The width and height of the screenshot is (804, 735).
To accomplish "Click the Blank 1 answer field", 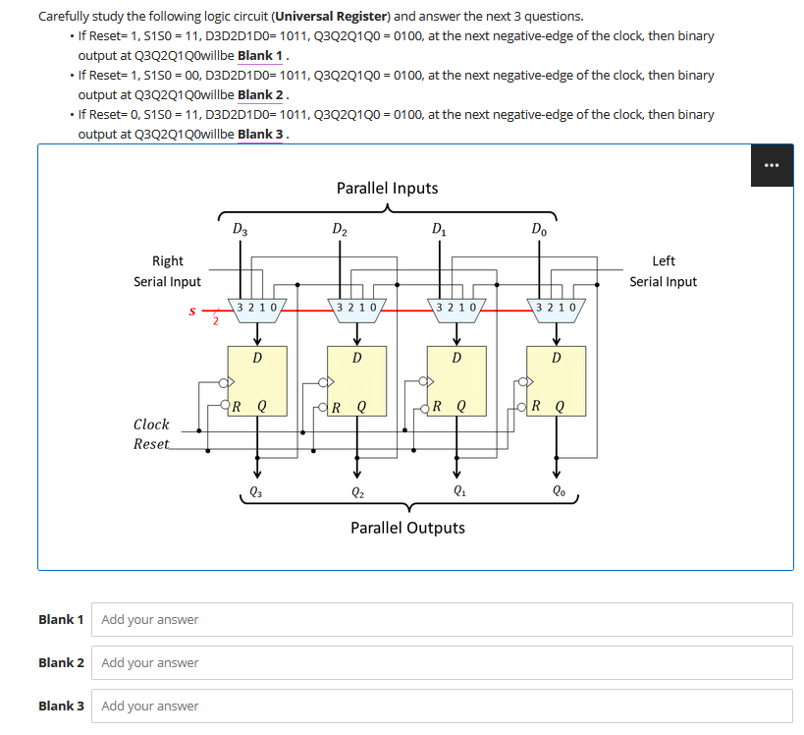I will pyautogui.click(x=442, y=619).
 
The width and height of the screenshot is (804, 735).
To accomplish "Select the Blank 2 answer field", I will pyautogui.click(x=442, y=662).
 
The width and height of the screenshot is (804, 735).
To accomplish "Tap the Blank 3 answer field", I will pyautogui.click(x=442, y=706).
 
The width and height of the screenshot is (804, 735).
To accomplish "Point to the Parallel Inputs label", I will pyautogui.click(x=387, y=188).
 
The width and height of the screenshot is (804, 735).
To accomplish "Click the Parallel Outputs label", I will pyautogui.click(x=407, y=528).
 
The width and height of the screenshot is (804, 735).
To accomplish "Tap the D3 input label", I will pyautogui.click(x=241, y=231).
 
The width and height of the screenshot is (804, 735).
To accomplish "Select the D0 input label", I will pyautogui.click(x=539, y=231).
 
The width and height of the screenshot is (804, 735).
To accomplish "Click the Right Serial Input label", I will pyautogui.click(x=167, y=271).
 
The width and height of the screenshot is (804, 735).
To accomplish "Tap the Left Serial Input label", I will pyautogui.click(x=663, y=271).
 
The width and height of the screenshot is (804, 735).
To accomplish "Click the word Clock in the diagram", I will pyautogui.click(x=151, y=424).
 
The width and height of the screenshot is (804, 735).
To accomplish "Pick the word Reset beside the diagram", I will pyautogui.click(x=151, y=444).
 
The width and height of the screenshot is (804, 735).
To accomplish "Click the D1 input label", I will pyautogui.click(x=439, y=231).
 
